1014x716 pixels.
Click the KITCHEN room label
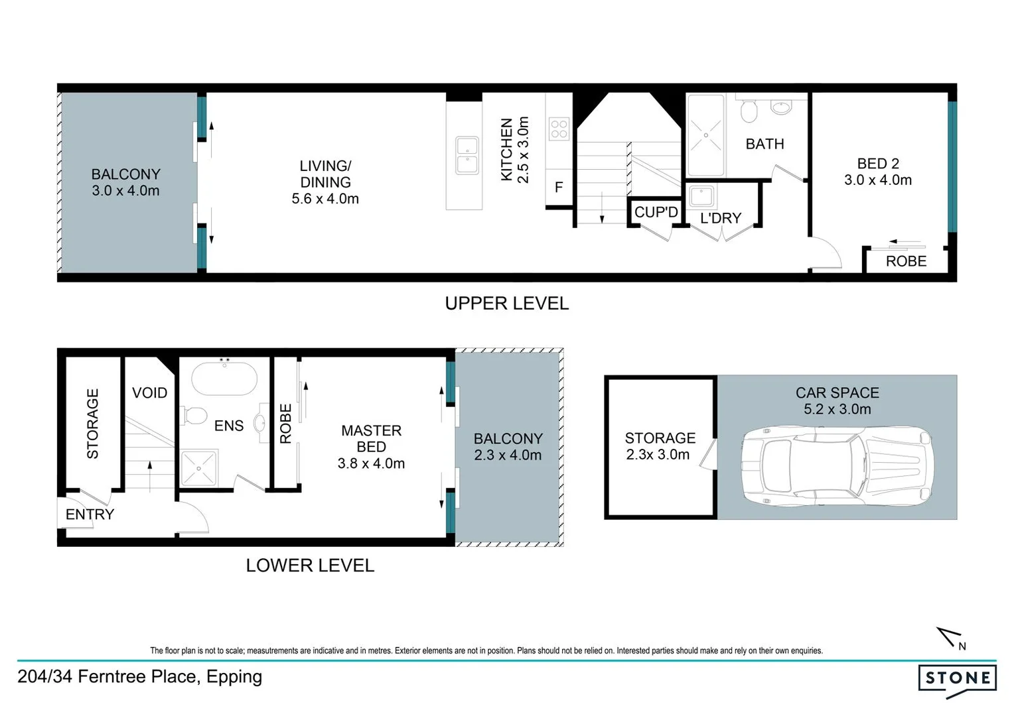point(506,150)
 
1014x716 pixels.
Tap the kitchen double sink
point(467,155)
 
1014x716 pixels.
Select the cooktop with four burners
point(559,129)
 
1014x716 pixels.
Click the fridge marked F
point(559,188)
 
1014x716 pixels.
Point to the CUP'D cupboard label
point(656,212)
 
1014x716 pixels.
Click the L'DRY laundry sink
point(701,196)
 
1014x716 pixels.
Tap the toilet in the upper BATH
point(749,111)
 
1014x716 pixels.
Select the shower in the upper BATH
point(706,135)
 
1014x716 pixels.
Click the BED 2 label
point(877,164)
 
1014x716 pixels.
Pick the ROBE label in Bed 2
point(906,261)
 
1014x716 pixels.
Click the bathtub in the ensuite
point(224,379)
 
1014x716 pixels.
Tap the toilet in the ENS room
point(194,416)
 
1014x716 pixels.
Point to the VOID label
point(149,393)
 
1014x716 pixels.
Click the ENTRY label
point(90,514)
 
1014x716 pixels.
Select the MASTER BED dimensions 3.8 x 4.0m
point(371,463)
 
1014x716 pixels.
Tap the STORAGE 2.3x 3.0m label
point(660,446)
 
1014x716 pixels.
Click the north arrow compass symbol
point(949,638)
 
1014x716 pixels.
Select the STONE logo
point(957,679)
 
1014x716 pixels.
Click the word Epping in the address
point(234,677)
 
